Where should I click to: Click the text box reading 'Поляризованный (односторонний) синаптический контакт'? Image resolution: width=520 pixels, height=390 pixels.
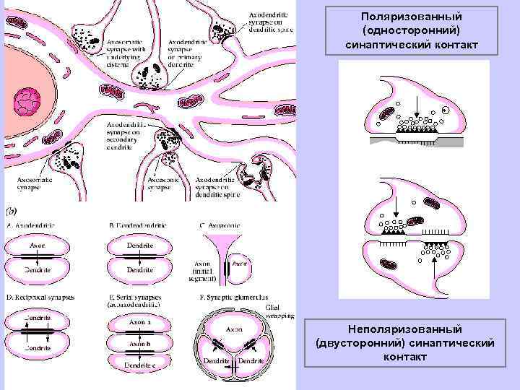pos(411,31)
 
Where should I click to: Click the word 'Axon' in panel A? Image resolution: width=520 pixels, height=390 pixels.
pos(37,246)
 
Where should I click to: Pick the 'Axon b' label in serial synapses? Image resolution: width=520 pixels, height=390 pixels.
pos(139,344)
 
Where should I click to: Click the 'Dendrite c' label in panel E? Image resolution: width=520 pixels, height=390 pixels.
pos(140,365)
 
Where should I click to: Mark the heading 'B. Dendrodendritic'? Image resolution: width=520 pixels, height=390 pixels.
pos(142,226)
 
